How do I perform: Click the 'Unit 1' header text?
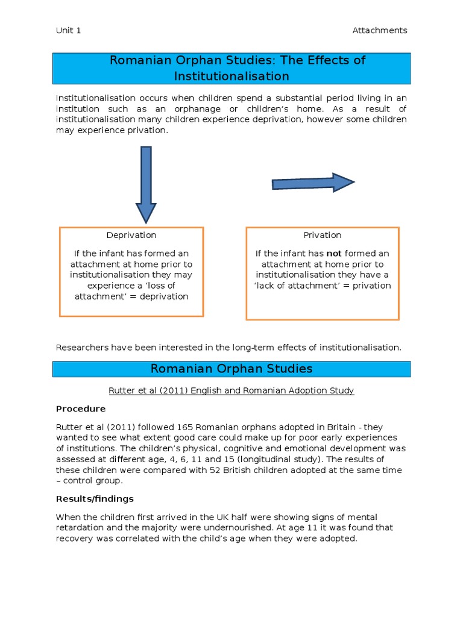pyautogui.click(x=68, y=30)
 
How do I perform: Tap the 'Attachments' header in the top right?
pyautogui.click(x=379, y=30)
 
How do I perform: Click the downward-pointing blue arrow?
pyautogui.click(x=146, y=184)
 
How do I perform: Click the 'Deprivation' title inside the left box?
pyautogui.click(x=131, y=235)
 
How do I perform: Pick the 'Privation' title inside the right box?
pyautogui.click(x=323, y=235)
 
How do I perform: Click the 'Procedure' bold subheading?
pyautogui.click(x=80, y=409)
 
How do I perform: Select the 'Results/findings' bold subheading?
pyautogui.click(x=95, y=499)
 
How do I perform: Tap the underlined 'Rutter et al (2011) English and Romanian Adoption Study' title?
pyautogui.click(x=231, y=390)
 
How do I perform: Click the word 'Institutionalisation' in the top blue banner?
pyautogui.click(x=231, y=77)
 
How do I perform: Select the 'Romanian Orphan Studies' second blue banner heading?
pyautogui.click(x=231, y=369)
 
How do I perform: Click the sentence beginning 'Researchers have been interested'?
pyautogui.click(x=228, y=347)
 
